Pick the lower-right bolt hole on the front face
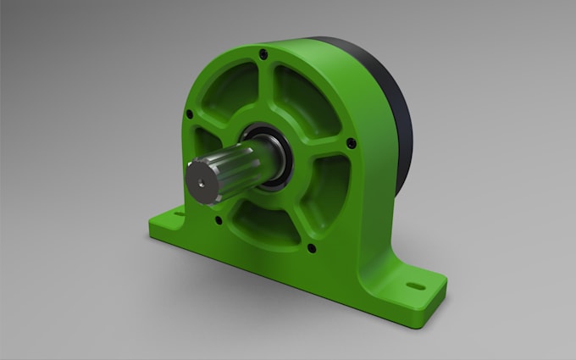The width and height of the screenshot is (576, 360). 310,248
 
